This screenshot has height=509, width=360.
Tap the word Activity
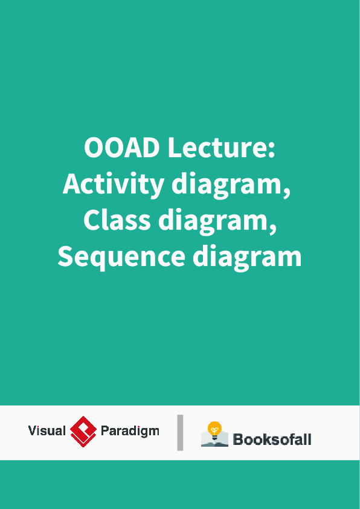[113, 184]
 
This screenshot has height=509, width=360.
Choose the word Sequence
[121, 257]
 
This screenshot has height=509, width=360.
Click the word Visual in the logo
[47, 431]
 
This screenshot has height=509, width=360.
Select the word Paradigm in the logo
[130, 432]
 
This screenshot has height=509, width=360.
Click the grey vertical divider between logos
[180, 432]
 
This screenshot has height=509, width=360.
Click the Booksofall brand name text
[272, 439]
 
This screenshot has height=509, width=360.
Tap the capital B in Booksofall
[238, 439]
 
